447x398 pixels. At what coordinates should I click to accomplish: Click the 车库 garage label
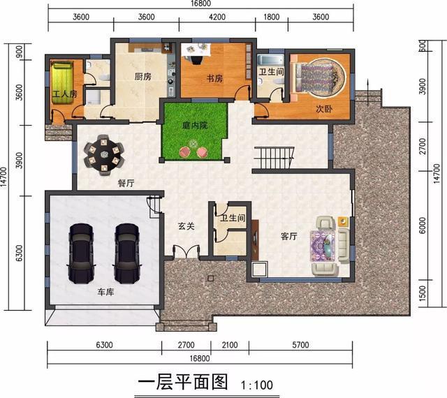coord(105,293)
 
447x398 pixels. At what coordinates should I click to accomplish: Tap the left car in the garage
coord(81,253)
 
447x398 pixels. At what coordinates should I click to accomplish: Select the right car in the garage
coord(127,253)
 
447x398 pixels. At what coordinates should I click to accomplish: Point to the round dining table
coord(104,156)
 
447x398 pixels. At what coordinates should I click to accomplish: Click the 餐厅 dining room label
coord(126,183)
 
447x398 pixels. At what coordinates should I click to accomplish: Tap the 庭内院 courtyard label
coord(195,125)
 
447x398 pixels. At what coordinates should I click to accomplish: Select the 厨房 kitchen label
coord(142,76)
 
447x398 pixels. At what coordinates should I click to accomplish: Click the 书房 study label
coord(214,78)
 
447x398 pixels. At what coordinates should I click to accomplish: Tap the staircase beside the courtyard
coord(274,158)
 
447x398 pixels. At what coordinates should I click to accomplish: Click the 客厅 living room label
coord(288,236)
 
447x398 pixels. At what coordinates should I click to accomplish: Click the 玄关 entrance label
coord(186,226)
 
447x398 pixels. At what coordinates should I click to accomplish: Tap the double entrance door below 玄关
coord(186,251)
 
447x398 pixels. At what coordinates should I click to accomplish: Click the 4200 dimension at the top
coord(217,17)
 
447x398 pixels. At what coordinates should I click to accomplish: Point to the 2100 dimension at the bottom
coord(230,345)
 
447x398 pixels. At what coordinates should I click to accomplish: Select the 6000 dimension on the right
coord(423,226)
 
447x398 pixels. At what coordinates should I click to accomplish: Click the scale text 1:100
coord(257,385)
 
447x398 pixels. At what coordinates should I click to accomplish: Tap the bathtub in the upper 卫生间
coord(271,61)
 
